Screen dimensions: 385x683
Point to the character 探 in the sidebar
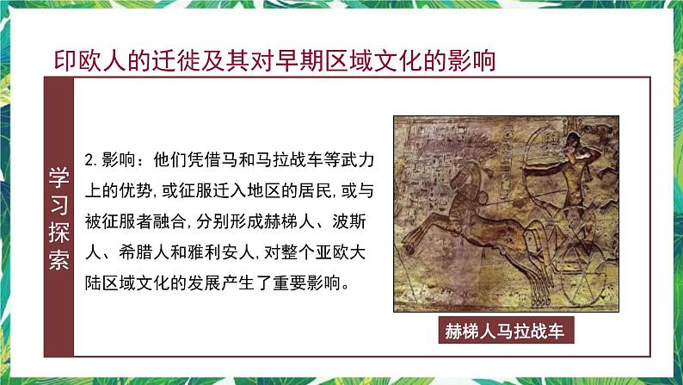pos(58,232)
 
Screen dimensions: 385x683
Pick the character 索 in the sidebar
pos(58,259)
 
